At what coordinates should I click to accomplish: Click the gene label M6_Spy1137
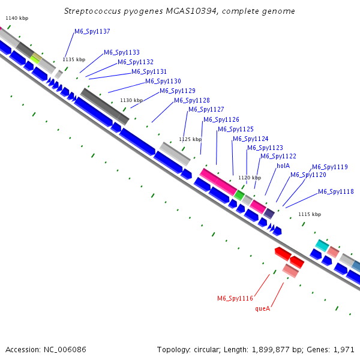92,31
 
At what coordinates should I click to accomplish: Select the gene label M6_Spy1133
122,52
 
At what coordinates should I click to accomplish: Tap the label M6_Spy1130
163,81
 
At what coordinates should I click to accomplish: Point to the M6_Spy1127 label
206,109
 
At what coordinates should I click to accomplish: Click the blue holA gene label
283,166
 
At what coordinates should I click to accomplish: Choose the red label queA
263,308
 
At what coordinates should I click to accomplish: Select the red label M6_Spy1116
235,298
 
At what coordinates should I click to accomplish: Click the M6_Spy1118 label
336,191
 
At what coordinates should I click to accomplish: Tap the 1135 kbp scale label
74,59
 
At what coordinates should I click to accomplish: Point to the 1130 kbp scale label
131,100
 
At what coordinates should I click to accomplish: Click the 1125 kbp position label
190,139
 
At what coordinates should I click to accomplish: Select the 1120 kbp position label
250,178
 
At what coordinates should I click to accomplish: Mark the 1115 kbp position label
310,214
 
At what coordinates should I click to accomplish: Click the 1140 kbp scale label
17,19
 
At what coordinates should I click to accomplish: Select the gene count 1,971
344,349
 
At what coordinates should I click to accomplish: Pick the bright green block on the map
239,195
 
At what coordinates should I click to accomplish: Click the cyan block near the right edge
322,245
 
